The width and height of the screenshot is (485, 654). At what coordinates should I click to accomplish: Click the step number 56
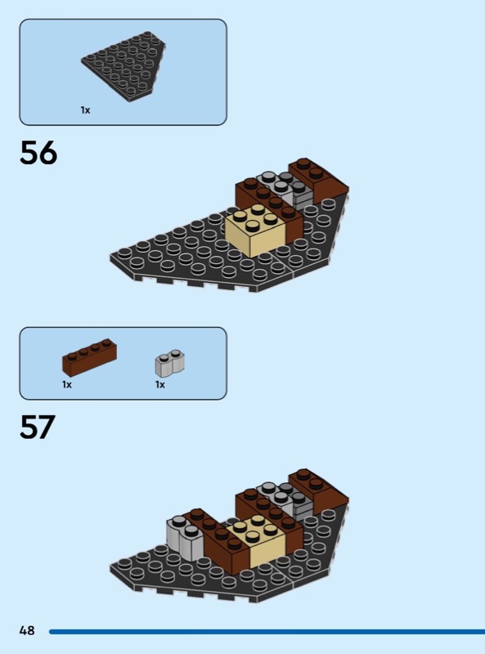point(38,153)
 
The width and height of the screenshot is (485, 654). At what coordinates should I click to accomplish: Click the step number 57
point(38,427)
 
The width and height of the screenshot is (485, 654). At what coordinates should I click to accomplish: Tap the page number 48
point(27,630)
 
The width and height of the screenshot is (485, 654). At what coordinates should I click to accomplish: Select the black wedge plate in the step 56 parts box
point(123,66)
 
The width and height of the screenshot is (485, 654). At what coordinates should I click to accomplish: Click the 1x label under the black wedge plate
point(85,110)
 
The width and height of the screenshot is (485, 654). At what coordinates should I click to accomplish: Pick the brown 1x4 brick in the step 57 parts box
point(89,357)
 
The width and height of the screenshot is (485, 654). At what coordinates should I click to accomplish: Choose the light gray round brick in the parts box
point(170,363)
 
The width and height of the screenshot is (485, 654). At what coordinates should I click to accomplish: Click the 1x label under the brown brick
point(67,384)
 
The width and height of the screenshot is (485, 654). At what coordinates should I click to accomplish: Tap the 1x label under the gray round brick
point(160,384)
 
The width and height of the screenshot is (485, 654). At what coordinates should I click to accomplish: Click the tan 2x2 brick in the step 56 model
point(255,231)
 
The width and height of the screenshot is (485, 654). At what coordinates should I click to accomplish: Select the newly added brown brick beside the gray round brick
point(219,542)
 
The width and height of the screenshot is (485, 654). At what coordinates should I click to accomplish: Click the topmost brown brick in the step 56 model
point(319,181)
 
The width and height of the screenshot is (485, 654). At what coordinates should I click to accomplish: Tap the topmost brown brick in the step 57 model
point(319,492)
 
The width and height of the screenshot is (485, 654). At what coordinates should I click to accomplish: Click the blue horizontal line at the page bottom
point(267,631)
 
